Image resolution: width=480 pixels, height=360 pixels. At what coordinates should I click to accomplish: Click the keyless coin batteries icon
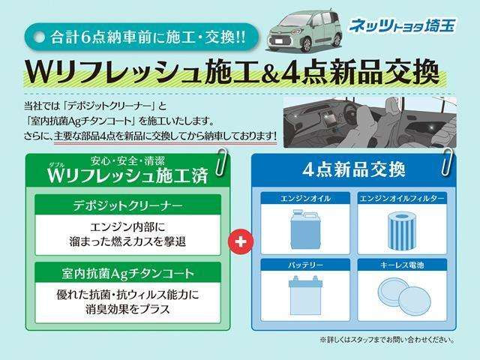pos(403,295)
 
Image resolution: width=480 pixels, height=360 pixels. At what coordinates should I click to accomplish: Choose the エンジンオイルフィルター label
pos(403,198)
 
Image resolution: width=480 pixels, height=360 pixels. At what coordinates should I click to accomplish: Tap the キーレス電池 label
pos(403,265)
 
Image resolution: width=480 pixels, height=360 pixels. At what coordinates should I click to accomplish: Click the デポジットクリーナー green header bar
pos(127,204)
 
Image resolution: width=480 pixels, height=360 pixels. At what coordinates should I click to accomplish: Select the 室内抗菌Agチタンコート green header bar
pos(127,271)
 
